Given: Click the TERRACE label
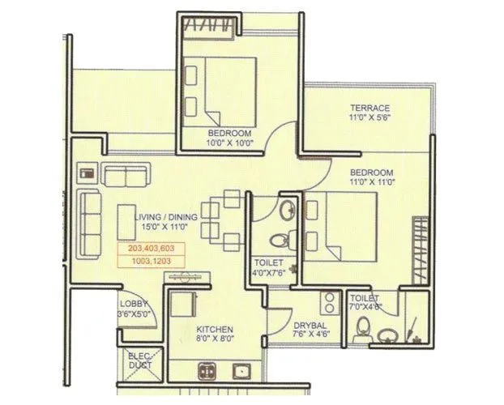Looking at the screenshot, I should [369, 108].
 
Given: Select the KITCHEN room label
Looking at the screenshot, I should [214, 330].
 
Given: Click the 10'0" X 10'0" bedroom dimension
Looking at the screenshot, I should [229, 143].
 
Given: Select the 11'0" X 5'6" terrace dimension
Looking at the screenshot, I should [369, 118].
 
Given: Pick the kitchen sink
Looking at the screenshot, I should [241, 372].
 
